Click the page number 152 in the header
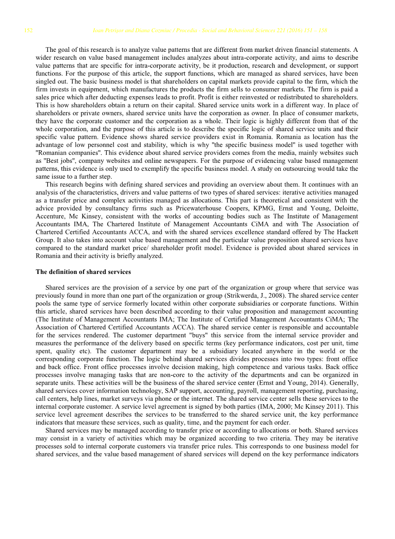click(x=28, y=31)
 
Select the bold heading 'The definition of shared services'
click(x=83, y=272)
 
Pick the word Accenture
click(x=50, y=216)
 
